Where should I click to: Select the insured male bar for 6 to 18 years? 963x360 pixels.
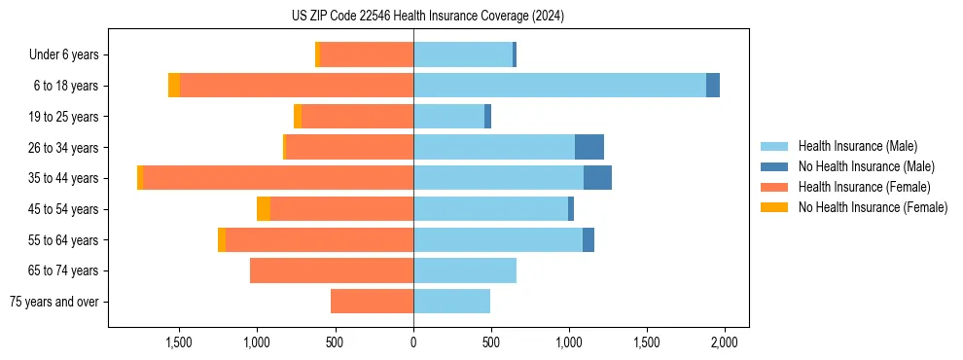coord(559,86)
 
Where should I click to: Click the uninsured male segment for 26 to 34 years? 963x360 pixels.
coord(589,147)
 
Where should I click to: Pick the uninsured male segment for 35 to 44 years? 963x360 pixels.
coord(597,178)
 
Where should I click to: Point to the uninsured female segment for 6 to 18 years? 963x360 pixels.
coord(174,86)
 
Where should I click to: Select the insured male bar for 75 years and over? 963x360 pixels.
coord(451,302)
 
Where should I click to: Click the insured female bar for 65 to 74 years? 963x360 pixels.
coord(332,270)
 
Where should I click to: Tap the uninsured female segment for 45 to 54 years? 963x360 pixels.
coord(264,209)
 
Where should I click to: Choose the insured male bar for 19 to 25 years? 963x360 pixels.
coord(448,117)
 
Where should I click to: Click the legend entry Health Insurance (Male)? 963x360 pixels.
coord(857,146)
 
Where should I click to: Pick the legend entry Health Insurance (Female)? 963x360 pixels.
coord(864,187)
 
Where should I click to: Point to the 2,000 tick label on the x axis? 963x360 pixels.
coord(725,342)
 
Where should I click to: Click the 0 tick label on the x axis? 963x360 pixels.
coord(413,342)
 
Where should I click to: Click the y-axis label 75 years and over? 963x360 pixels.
coord(54,302)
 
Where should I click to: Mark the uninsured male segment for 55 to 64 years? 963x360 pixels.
coord(588,239)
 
